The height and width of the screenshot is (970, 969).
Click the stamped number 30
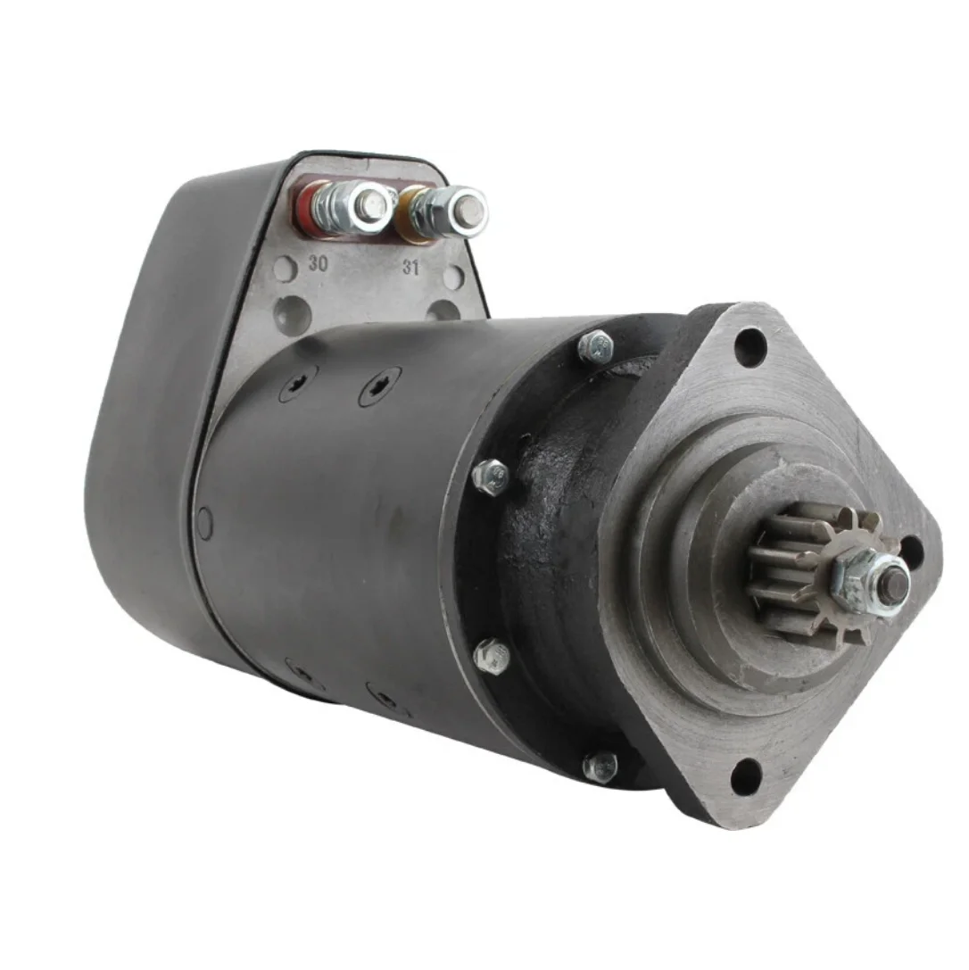click(317, 263)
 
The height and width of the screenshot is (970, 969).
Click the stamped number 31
click(410, 266)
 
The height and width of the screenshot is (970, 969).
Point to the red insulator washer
click(306, 206)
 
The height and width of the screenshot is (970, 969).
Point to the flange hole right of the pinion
click(912, 551)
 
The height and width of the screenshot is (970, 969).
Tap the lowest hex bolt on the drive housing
click(600, 766)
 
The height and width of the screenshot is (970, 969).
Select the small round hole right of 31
click(453, 278)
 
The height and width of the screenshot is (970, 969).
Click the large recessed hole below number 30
click(294, 313)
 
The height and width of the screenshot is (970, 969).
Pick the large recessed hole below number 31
click(443, 311)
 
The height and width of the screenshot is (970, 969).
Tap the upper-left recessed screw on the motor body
click(298, 383)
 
